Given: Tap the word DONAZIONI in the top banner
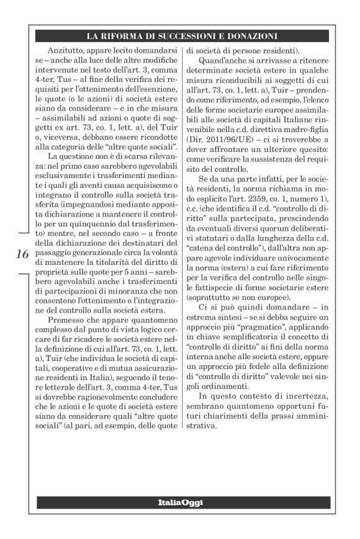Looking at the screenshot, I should tap(242, 36).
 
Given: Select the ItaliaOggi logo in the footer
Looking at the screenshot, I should tap(179, 502).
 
